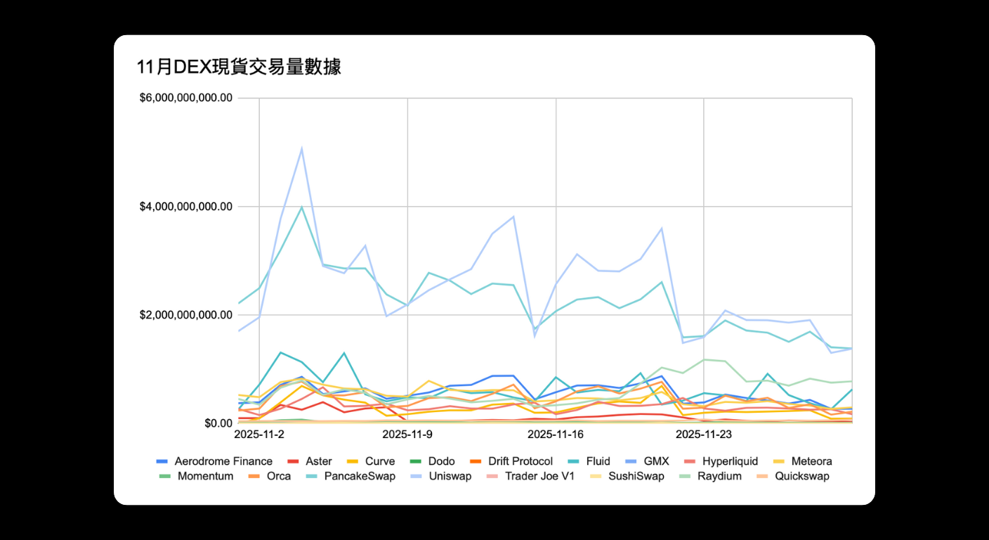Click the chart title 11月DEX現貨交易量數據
(x=239, y=67)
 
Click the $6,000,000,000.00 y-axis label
(x=186, y=98)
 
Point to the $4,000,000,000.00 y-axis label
(x=186, y=207)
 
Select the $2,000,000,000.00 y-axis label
(x=186, y=315)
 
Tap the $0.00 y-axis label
(x=218, y=423)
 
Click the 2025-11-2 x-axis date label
(x=259, y=435)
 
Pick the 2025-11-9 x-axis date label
(x=407, y=435)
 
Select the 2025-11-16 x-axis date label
(x=556, y=435)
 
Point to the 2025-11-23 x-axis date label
(x=704, y=435)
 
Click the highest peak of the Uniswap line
(x=301, y=148)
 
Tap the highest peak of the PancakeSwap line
(x=301, y=207)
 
